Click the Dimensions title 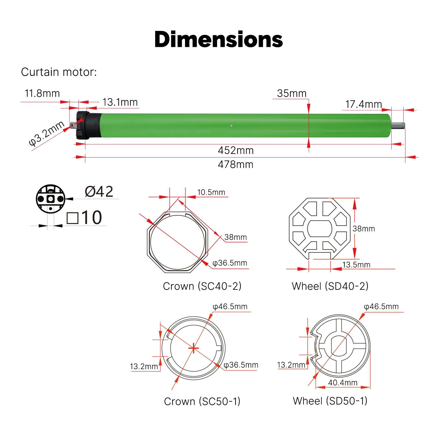point(219,40)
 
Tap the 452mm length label point(236,150)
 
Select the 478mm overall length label point(236,165)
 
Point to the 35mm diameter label point(292,93)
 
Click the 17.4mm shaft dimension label point(364,104)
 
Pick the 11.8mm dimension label point(42,93)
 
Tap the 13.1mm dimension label point(120,102)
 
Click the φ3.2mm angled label point(47,134)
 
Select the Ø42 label point(99,192)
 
